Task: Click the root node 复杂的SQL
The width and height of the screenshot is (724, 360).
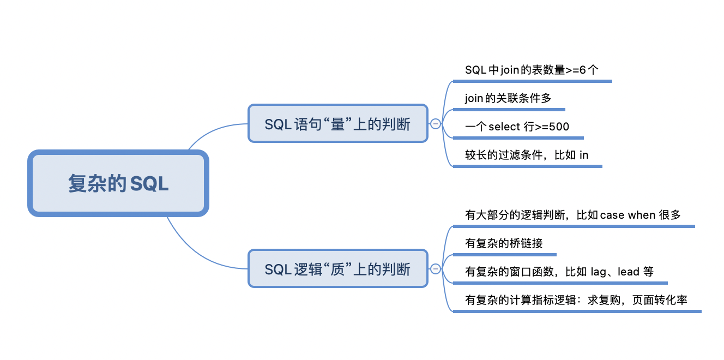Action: click(118, 183)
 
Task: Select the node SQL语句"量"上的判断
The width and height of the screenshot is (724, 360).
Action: click(337, 124)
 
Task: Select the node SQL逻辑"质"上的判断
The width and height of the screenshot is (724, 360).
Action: click(337, 269)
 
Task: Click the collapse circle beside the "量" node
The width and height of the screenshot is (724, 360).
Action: click(436, 124)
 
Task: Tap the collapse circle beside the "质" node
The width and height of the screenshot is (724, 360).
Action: click(436, 268)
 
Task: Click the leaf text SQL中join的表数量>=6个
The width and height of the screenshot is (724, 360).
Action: click(532, 70)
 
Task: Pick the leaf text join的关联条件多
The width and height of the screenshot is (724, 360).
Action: click(508, 99)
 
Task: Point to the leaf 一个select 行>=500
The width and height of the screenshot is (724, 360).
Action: click(517, 127)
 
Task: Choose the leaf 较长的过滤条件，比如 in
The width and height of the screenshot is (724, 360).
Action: click(527, 155)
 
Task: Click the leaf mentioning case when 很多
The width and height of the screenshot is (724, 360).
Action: click(573, 215)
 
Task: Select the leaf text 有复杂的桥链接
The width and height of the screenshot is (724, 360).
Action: click(504, 243)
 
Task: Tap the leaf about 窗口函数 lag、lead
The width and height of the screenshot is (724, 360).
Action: click(559, 272)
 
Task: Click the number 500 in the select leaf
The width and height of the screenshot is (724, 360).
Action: click(559, 127)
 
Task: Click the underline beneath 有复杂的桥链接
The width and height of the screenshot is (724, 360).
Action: click(504, 255)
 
